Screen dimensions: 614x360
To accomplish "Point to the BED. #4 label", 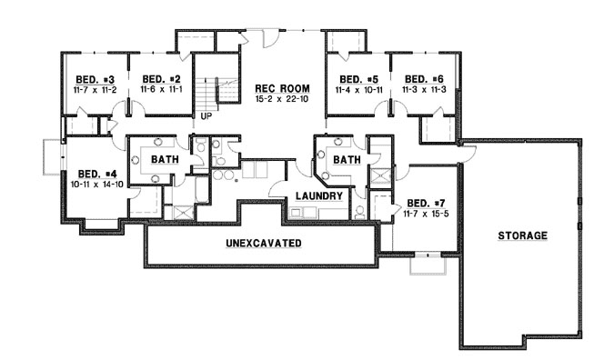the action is pos(96,174).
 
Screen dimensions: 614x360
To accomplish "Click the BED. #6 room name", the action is pos(423,78).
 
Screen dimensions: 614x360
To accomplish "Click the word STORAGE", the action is pos(522,235).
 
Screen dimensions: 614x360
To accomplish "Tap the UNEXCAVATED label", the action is pos(264,244).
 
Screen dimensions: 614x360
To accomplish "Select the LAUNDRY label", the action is pos(318,195).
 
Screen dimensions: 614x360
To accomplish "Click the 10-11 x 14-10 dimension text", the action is pos(96,185).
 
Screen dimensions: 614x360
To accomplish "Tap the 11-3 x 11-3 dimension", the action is pos(423,90).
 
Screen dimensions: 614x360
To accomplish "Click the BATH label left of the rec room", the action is pos(165,160).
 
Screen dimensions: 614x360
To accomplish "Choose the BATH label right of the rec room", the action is pos(347,160).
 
